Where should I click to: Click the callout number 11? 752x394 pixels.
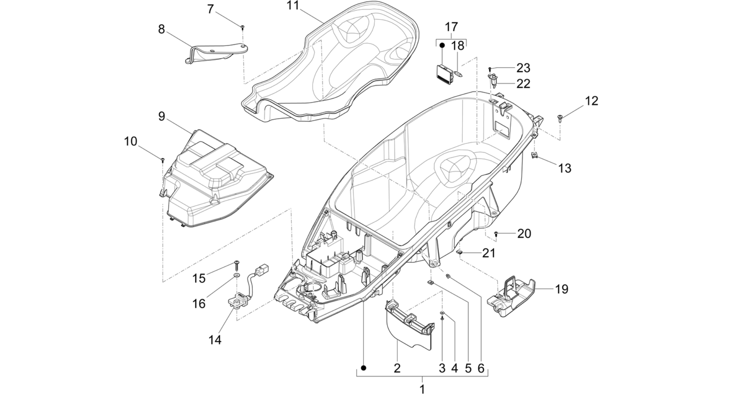coord(294,6)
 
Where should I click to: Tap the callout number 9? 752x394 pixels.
coord(162,116)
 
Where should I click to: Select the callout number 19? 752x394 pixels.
coord(561,289)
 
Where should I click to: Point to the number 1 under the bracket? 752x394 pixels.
coord(422,388)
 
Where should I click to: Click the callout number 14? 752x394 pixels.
coord(215,340)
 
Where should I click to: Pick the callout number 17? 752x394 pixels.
coord(451,27)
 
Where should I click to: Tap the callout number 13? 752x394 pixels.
coord(565,168)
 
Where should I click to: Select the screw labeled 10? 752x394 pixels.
coord(163,160)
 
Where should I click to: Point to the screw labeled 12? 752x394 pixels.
coord(560,117)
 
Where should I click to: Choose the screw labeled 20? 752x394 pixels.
coord(496,233)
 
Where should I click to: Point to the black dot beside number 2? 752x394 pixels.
coord(364,368)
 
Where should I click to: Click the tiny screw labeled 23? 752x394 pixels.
coord(490,69)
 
